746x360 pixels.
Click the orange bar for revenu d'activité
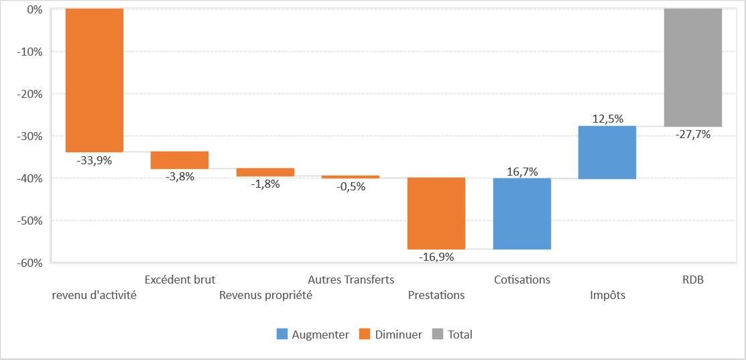click(95, 80)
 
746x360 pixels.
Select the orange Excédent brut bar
click(180, 160)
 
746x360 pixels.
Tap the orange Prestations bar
click(436, 213)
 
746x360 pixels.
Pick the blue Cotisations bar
click(522, 214)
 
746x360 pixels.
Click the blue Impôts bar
click(607, 152)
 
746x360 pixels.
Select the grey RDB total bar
click(693, 68)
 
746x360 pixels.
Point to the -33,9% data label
click(95, 160)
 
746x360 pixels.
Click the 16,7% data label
click(522, 172)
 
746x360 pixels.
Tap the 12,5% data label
click(607, 119)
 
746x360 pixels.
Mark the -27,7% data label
click(693, 135)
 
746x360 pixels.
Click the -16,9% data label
click(436, 257)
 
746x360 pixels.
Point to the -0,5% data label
click(351, 187)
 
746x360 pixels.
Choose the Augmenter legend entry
click(313, 335)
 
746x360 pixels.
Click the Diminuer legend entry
click(391, 335)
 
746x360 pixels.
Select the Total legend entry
click(452, 335)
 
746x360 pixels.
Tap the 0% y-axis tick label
click(36, 9)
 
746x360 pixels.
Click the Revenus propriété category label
click(265, 296)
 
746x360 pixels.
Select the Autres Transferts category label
click(351, 280)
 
